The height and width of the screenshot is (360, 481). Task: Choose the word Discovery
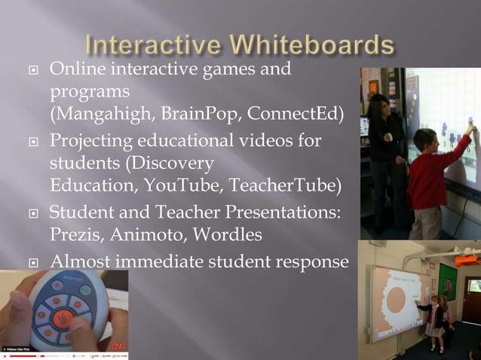[x=173, y=163]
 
